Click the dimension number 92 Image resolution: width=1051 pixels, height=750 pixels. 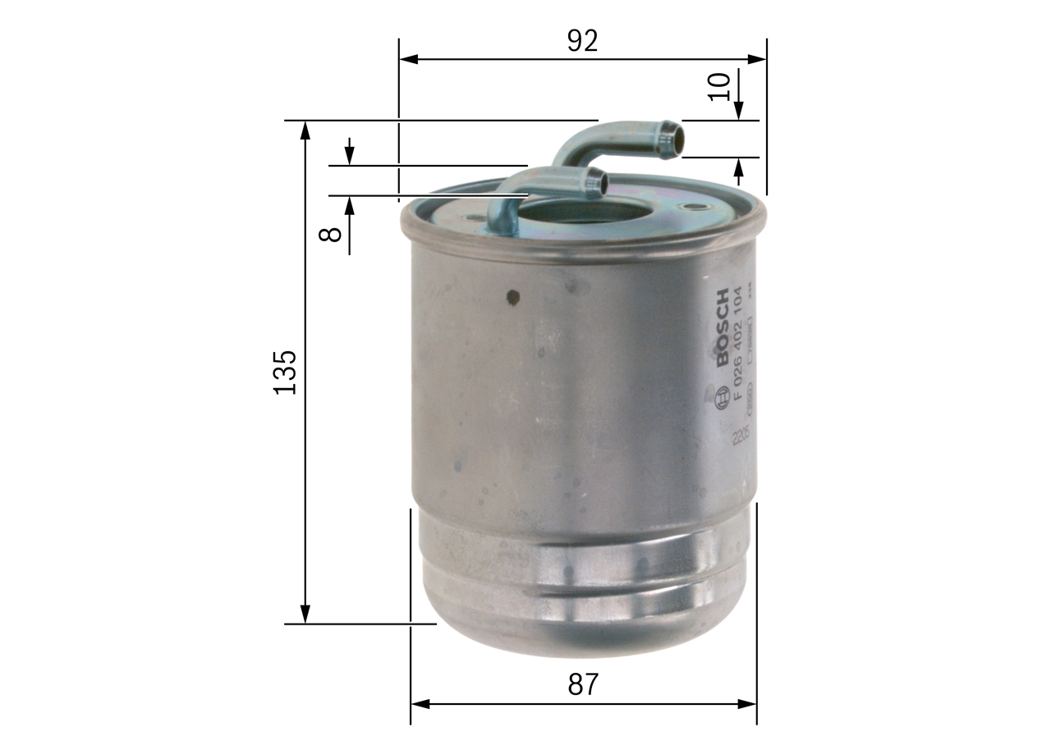(x=582, y=40)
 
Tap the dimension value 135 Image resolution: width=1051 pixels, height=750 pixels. (x=284, y=372)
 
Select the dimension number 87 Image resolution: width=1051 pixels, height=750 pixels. (x=582, y=684)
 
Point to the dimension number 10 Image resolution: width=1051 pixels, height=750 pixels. (x=719, y=86)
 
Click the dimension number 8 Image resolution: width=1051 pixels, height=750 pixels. (x=330, y=233)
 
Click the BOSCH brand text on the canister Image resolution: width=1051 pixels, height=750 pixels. (x=722, y=328)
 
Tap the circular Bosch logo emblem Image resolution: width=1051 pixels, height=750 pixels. (x=723, y=397)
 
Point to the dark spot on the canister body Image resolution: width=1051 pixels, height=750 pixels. (x=513, y=297)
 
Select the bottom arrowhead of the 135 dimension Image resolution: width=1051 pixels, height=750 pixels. (x=305, y=615)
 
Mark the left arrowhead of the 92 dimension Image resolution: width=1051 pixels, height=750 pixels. (x=408, y=59)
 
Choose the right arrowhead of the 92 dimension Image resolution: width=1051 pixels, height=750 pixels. (x=756, y=59)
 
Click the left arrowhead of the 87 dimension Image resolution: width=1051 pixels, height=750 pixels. (x=420, y=704)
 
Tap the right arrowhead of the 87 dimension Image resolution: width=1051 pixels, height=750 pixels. (x=746, y=704)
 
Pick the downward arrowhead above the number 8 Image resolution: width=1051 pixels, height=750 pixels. (x=350, y=157)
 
